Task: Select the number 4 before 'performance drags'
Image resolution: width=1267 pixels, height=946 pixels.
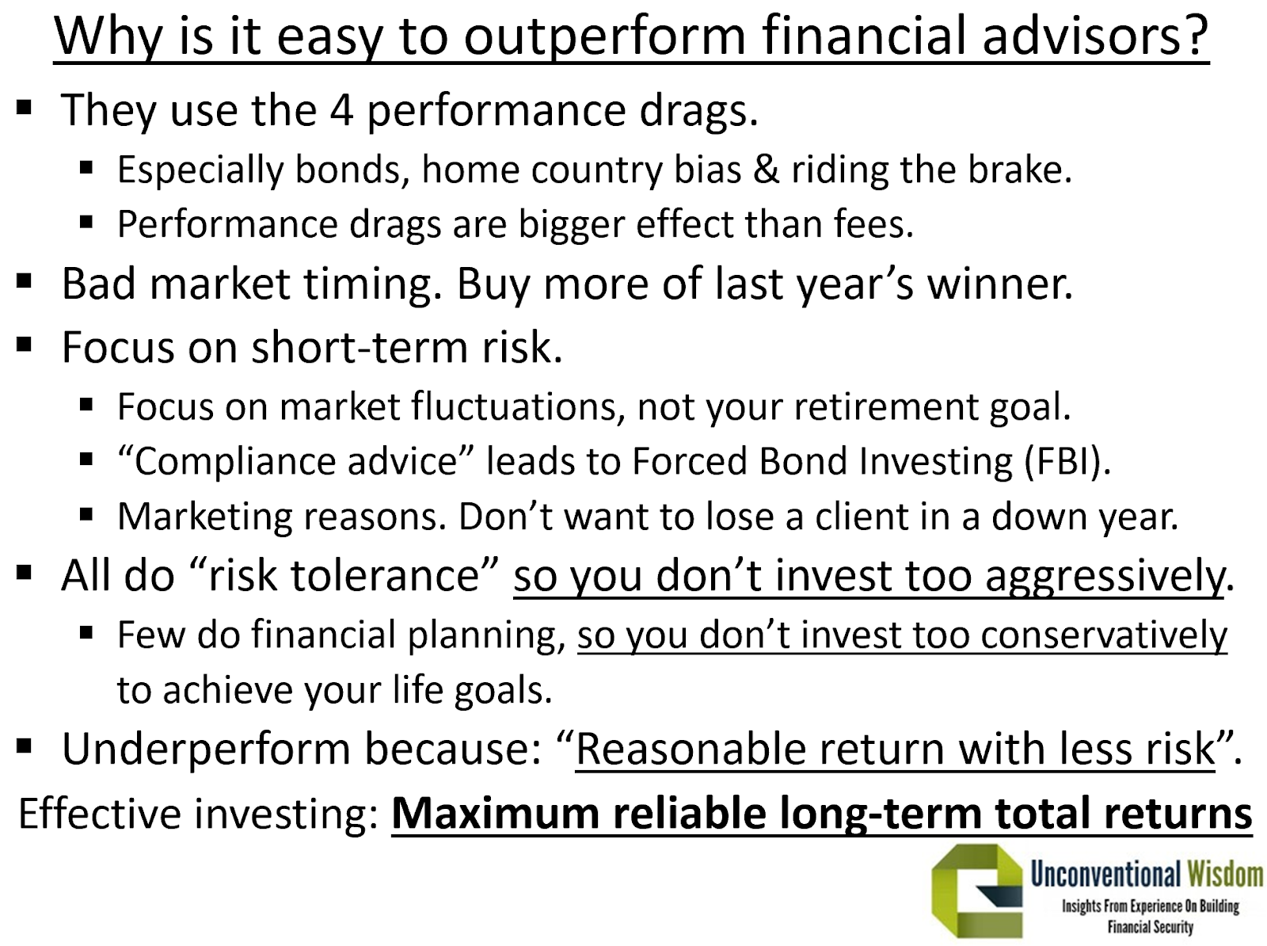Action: (x=342, y=109)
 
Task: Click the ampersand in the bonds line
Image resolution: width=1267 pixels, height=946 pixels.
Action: (x=766, y=170)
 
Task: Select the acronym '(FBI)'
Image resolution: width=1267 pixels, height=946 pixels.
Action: (x=1067, y=461)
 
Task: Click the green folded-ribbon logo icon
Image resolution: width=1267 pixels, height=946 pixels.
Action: (x=976, y=891)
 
